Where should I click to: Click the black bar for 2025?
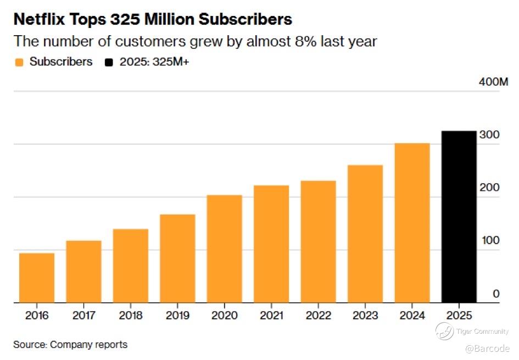[459, 217]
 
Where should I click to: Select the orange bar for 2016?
[36, 278]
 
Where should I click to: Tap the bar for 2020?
[224, 249]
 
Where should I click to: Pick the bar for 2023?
[365, 233]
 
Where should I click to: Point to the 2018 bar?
[130, 266]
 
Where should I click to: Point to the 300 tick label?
[489, 135]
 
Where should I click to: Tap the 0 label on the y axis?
[496, 294]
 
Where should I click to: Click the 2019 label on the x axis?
[177, 316]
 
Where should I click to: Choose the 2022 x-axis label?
[319, 316]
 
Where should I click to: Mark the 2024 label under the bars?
[412, 316]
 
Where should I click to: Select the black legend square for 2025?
[109, 63]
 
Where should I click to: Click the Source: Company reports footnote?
[70, 345]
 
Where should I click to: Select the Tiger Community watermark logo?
[444, 331]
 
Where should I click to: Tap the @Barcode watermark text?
[487, 348]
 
